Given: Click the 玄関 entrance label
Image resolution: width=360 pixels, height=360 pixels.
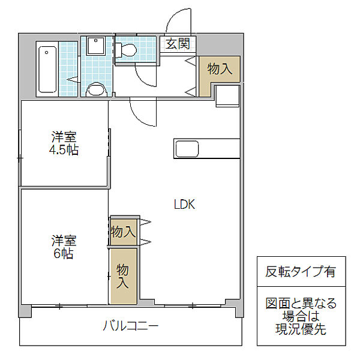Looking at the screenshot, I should [x=178, y=43].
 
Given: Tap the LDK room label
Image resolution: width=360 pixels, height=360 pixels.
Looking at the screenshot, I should [x=184, y=204].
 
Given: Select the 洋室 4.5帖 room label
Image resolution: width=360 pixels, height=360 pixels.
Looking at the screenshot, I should [x=64, y=143].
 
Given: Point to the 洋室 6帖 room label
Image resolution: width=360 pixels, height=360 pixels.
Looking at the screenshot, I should [x=63, y=247].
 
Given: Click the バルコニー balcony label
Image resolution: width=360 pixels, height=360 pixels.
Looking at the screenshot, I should [x=130, y=326].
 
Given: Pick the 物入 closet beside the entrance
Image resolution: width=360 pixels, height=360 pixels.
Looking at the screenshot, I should [x=220, y=68].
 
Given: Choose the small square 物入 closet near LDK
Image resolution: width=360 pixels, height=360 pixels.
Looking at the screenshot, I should [x=123, y=232].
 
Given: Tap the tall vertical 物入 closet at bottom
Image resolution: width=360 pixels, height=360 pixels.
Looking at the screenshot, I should [x=123, y=276].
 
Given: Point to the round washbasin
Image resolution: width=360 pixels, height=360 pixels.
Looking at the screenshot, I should [x=96, y=90].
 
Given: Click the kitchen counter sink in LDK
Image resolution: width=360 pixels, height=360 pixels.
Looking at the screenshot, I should [x=188, y=148].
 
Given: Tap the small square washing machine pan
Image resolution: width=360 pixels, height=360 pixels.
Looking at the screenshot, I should [x=95, y=47].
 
